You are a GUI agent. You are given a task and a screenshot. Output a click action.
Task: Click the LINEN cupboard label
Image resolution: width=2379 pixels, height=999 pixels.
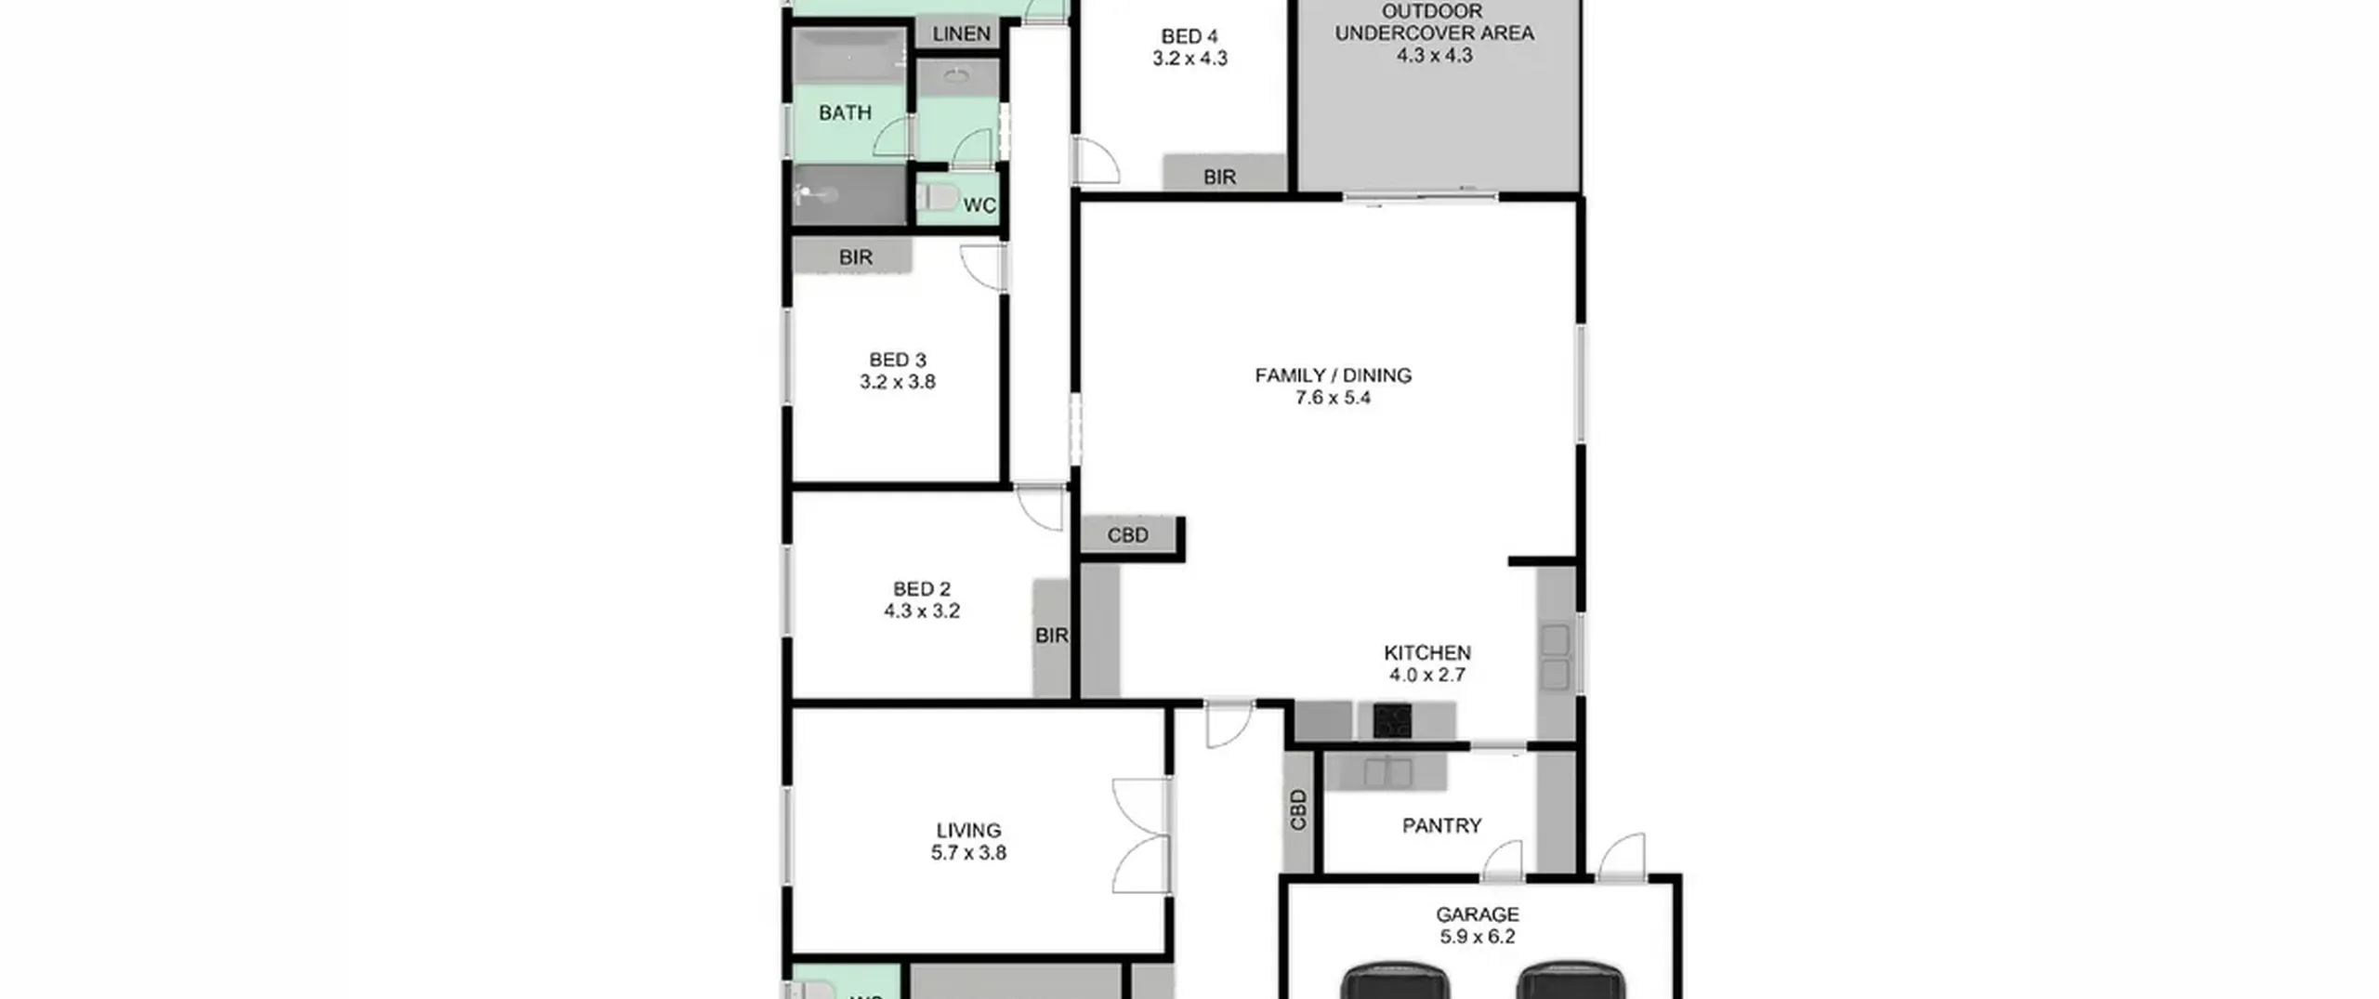(x=961, y=34)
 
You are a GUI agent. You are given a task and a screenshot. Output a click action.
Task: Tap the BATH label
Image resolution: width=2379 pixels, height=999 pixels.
(x=845, y=113)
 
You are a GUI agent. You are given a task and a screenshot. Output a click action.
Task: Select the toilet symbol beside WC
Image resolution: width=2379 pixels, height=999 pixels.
(x=938, y=198)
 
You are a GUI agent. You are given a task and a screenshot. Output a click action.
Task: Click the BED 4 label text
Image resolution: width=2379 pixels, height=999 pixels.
(x=1189, y=36)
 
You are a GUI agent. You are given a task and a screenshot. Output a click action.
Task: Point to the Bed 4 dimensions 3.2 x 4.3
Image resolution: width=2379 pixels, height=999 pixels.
(x=1189, y=59)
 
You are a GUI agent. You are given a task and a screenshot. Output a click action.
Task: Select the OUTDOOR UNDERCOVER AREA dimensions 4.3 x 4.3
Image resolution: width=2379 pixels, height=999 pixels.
(x=1434, y=55)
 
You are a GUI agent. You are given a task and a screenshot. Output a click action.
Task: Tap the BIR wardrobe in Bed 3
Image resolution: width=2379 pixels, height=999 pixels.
(x=852, y=256)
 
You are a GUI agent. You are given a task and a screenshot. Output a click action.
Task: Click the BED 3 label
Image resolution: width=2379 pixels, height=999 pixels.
(x=898, y=360)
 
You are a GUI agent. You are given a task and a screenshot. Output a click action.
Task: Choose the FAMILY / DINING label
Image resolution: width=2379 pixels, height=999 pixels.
(x=1333, y=375)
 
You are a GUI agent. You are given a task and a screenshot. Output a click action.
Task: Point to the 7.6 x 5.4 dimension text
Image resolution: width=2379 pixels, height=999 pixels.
(x=1333, y=398)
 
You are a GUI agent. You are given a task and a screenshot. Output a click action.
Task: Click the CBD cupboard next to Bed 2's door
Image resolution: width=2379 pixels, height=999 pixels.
(x=1129, y=535)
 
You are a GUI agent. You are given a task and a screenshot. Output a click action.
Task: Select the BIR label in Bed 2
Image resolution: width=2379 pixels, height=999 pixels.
(x=1051, y=636)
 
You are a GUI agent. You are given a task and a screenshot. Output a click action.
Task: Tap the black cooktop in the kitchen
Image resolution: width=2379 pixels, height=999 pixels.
(x=1392, y=721)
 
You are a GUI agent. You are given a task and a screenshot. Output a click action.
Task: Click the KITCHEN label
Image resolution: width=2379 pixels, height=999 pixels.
(x=1427, y=653)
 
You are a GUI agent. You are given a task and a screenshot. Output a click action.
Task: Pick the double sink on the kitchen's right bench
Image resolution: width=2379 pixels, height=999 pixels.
(x=1556, y=656)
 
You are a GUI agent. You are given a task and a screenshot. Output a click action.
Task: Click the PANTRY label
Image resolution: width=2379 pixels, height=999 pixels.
(x=1441, y=825)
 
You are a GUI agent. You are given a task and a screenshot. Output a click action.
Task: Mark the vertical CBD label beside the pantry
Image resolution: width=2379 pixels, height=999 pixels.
(x=1298, y=809)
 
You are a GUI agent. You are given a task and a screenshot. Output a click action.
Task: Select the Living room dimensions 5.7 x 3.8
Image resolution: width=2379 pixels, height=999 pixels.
(x=968, y=853)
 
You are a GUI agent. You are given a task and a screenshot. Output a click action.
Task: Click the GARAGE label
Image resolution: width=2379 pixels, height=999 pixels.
(x=1477, y=914)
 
